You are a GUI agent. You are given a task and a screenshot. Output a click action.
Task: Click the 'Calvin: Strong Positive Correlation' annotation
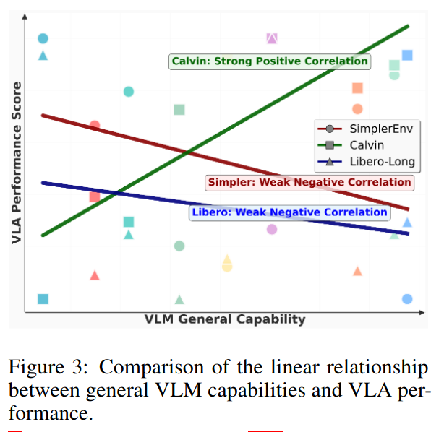pos(270,61)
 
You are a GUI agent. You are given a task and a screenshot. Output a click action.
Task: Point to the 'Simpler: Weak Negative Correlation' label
pos(309,183)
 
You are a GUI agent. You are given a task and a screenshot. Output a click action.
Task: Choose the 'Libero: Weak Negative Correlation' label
pos(289,212)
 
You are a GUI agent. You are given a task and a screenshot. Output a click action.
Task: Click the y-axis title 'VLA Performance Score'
pos(17,162)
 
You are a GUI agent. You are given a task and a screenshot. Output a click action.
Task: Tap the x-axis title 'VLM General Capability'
pos(225,319)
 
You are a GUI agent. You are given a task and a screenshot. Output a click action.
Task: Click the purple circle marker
pos(272,229)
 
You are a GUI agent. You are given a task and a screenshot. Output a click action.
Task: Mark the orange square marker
pos(357,88)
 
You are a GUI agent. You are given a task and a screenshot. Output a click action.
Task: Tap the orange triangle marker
pos(357,271)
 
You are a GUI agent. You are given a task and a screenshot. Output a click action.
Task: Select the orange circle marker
pos(357,109)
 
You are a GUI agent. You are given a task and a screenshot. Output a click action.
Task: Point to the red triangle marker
pos(94,275)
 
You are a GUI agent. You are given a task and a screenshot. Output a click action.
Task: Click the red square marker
pos(94,197)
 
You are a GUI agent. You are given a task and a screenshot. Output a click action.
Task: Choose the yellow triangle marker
pos(227,259)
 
